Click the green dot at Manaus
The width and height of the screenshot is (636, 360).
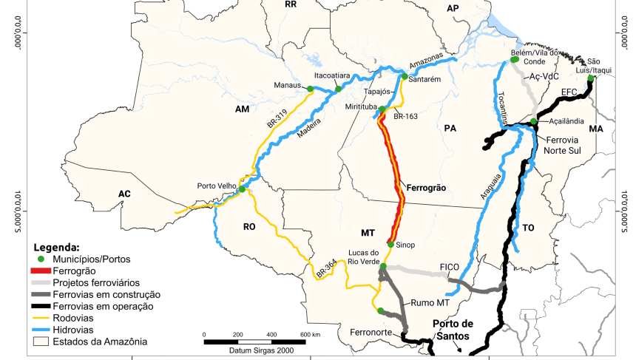click(x=311, y=89)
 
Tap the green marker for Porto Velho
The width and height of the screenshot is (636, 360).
click(x=241, y=190)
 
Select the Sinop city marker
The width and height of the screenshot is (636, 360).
click(x=390, y=244)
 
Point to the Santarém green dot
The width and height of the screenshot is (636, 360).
click(x=405, y=76)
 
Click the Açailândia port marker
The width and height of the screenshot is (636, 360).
click(x=533, y=122)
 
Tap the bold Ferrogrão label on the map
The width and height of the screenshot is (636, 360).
click(x=427, y=189)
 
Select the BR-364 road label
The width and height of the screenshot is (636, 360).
click(x=326, y=268)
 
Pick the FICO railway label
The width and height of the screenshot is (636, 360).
click(x=450, y=265)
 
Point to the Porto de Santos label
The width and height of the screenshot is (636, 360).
click(x=453, y=328)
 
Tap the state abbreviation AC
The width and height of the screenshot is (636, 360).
click(x=124, y=194)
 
